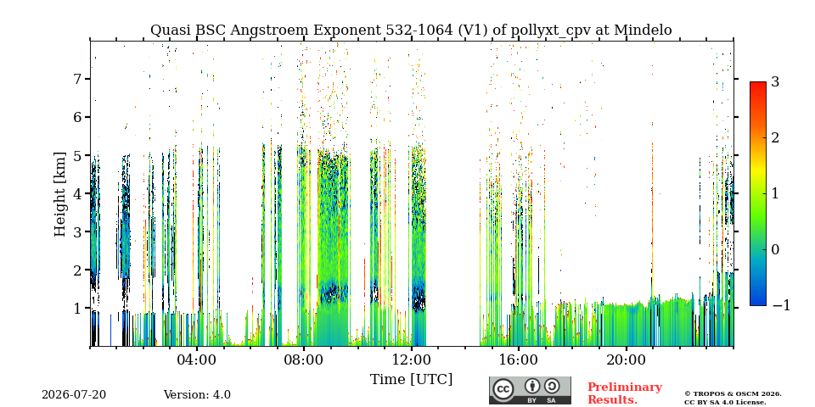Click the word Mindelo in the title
(x=643, y=31)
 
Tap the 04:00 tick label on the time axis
(x=197, y=360)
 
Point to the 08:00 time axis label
(x=304, y=360)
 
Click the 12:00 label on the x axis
(x=411, y=360)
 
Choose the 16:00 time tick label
(x=518, y=360)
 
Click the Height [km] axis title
(x=60, y=194)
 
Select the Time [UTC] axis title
(x=411, y=380)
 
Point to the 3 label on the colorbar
(x=776, y=82)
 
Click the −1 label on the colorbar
(x=781, y=306)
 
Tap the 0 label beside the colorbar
(x=776, y=249)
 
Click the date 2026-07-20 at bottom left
(x=74, y=395)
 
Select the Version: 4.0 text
(x=197, y=395)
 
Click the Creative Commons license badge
(x=530, y=390)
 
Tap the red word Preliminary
(x=625, y=387)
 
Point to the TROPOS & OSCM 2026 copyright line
(x=733, y=394)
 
